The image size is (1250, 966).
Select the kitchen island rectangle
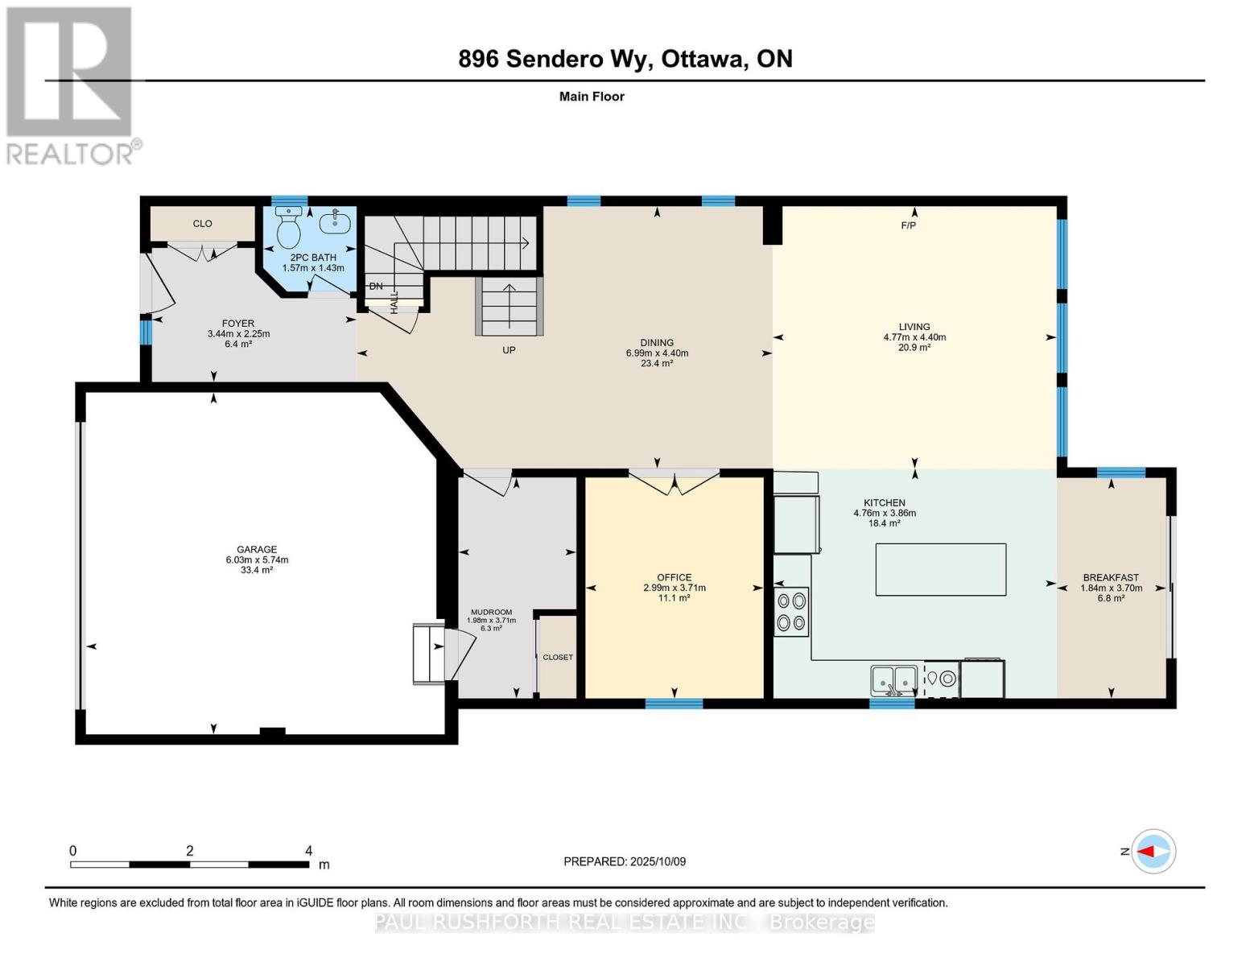tap(940, 569)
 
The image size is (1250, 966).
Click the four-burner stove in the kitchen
tap(791, 612)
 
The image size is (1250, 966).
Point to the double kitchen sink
tap(894, 680)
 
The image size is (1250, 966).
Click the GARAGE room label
tap(257, 550)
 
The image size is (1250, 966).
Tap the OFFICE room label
tap(674, 577)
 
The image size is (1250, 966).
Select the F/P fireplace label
tap(908, 225)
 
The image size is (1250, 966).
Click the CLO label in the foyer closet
tap(202, 224)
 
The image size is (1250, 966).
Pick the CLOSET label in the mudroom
tap(558, 657)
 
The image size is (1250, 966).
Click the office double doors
tap(674, 481)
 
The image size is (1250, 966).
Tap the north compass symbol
tap(1153, 851)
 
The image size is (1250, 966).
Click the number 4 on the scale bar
tap(308, 851)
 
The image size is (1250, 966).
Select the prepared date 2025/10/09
tap(657, 861)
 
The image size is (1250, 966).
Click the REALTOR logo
tap(71, 85)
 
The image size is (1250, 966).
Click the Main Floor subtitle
tap(592, 97)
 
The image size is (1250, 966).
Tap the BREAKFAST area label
tap(1111, 577)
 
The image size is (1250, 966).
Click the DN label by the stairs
tap(376, 286)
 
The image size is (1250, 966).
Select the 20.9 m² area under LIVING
tap(914, 348)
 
